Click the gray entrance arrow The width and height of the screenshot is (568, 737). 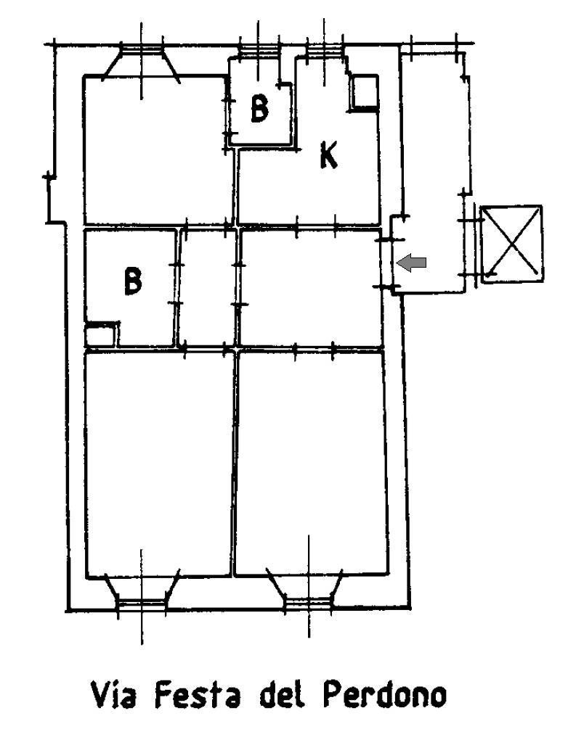point(411,263)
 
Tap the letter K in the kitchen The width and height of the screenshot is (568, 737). point(328,155)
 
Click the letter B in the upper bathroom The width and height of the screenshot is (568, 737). point(259,108)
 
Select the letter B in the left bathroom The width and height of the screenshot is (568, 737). point(133,281)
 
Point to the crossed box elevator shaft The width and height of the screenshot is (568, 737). point(511,244)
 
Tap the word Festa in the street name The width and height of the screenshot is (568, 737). point(197,695)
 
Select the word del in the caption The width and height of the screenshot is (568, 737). point(281,695)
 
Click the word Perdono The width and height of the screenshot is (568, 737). point(384,695)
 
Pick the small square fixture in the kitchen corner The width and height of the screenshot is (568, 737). point(364,93)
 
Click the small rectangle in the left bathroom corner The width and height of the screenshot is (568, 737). point(100,334)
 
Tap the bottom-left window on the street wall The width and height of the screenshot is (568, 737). point(142,604)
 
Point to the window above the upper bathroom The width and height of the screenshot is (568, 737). point(259,50)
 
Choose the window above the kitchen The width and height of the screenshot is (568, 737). point(324,50)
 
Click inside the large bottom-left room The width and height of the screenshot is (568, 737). point(158,463)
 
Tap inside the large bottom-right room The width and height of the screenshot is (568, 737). point(312,463)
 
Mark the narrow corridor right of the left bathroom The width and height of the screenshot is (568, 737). point(207,288)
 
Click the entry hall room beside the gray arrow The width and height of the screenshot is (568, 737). point(311,288)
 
